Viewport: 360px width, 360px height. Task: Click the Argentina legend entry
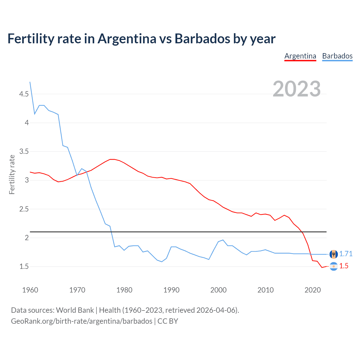pos(300,56)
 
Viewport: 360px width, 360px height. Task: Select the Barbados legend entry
pos(337,56)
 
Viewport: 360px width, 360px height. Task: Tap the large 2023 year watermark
pos(297,89)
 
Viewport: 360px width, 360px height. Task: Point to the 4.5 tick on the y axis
pos(24,94)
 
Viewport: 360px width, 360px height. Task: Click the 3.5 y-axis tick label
pos(24,152)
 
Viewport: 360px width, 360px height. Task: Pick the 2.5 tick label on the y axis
pos(24,209)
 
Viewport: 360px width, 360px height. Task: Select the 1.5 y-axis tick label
pos(24,266)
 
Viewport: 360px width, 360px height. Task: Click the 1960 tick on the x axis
pos(30,290)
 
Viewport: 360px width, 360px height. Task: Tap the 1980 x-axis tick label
pos(124,290)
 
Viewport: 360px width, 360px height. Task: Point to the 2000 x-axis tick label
pos(218,290)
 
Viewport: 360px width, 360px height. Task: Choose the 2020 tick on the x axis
pos(312,290)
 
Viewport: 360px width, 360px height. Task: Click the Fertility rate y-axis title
pos(12,174)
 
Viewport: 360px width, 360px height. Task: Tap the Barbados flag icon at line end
pos(334,254)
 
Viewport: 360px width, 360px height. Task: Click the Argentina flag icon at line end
pos(334,266)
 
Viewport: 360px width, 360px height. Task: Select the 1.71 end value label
pos(346,254)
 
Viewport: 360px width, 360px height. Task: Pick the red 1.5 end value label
pos(344,266)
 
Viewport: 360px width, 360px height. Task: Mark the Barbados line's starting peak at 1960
pos(30,82)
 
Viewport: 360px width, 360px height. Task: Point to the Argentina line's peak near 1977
pos(112,159)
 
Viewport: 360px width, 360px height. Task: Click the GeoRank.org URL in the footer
pos(82,321)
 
